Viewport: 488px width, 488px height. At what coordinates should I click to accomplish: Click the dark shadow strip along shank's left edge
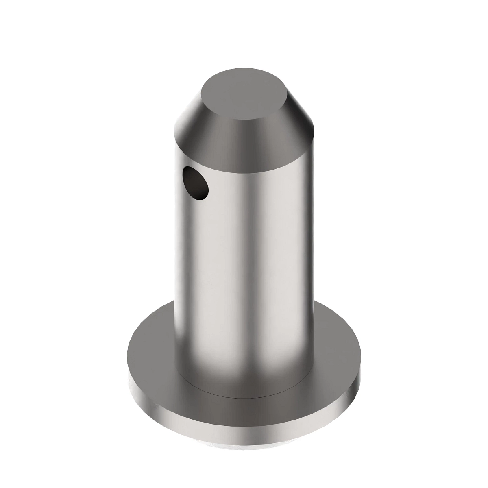pyautogui.click(x=179, y=264)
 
